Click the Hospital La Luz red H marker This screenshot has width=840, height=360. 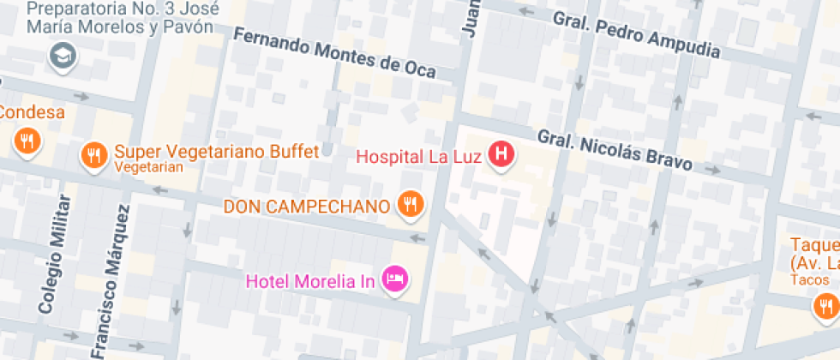[x=501, y=154]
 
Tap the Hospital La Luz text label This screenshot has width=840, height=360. [x=419, y=157]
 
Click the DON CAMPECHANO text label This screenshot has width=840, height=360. [x=307, y=207]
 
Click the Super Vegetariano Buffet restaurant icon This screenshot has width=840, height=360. [x=93, y=155]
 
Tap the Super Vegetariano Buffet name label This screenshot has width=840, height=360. [x=217, y=152]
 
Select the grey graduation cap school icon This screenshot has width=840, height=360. [x=63, y=57]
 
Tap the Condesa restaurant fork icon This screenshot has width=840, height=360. [x=28, y=141]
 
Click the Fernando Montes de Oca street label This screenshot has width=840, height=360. [x=334, y=52]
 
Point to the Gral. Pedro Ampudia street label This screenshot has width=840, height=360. [x=636, y=33]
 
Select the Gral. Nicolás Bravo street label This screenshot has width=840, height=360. [x=614, y=150]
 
